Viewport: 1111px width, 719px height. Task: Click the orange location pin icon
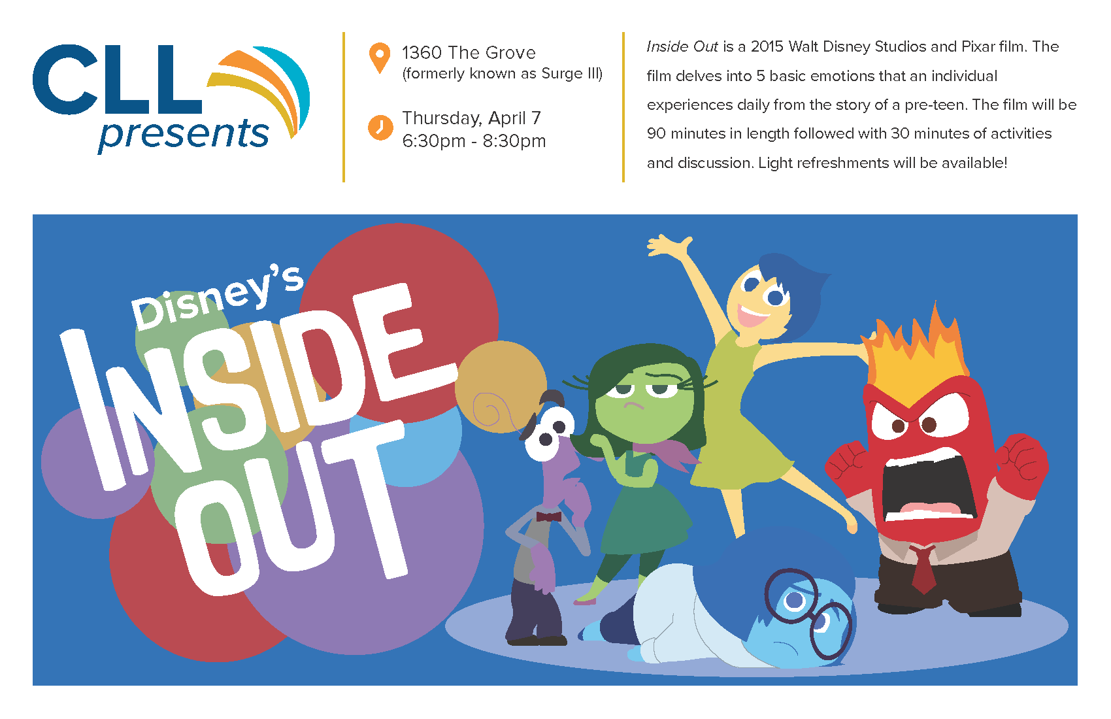point(380,57)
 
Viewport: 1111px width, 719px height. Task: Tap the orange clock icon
point(380,127)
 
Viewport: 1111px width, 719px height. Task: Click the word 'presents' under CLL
point(184,134)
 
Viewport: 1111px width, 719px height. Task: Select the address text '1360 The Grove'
point(469,52)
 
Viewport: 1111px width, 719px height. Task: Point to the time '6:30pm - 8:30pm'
point(474,141)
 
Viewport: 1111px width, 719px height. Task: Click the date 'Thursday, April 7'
point(471,118)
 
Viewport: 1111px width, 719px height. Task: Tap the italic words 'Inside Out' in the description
point(682,46)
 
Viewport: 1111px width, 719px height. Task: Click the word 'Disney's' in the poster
point(217,297)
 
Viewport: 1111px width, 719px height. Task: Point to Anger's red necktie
point(923,568)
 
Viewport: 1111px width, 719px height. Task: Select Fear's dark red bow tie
point(548,516)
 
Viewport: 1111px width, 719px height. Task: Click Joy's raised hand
point(670,246)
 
